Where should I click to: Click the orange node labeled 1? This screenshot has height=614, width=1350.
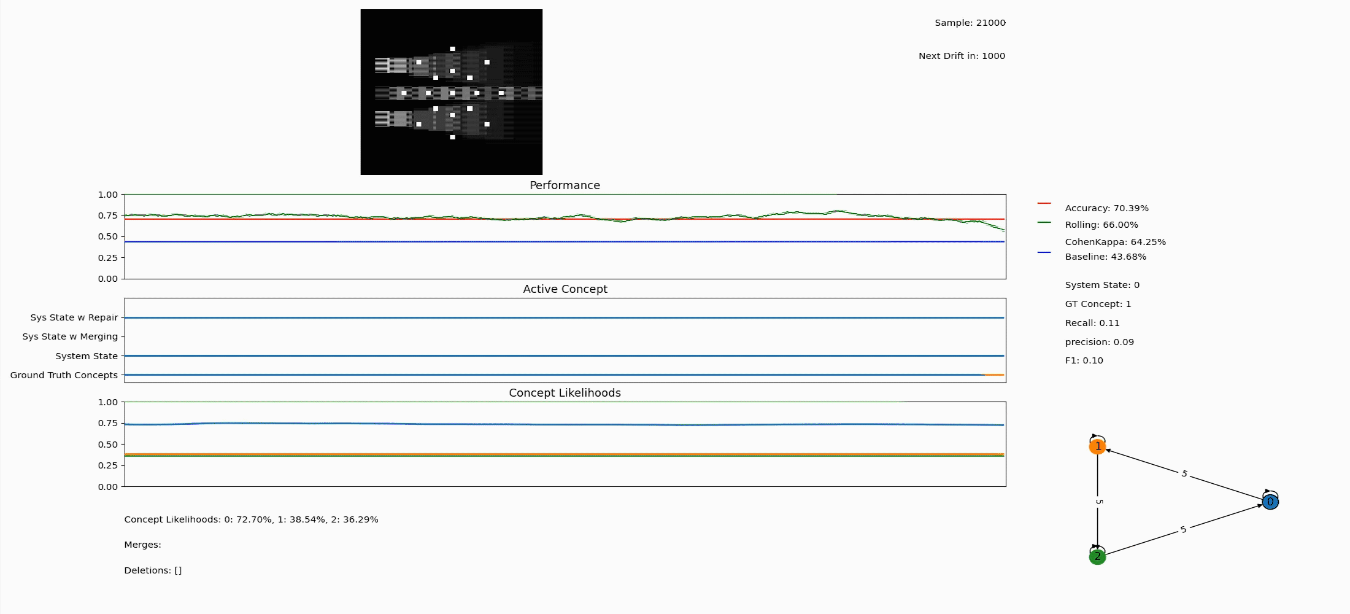[1097, 446]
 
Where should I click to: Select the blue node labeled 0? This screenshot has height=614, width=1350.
[1270, 502]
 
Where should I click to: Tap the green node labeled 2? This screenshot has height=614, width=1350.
[1097, 557]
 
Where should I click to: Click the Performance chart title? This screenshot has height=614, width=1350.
[565, 185]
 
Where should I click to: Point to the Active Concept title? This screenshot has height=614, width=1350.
[565, 289]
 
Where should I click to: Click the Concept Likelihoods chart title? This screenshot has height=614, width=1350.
[565, 393]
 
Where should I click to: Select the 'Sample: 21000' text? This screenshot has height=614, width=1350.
[970, 23]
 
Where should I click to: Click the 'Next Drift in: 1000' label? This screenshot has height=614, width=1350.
[962, 56]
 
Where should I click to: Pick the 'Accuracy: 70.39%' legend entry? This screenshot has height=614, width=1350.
[1106, 208]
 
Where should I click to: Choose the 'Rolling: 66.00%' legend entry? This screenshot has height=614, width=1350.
[1101, 225]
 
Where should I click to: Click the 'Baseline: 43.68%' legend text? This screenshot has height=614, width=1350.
[1105, 257]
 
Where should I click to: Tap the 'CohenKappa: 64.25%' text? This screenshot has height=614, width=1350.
[1115, 242]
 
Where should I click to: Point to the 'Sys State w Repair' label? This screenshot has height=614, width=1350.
[74, 317]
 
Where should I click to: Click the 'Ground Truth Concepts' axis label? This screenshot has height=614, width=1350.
[64, 375]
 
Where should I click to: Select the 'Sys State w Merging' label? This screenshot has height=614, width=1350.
[70, 336]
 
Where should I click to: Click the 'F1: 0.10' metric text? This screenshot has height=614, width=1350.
[1084, 360]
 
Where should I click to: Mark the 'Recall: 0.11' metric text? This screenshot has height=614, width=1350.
[1092, 323]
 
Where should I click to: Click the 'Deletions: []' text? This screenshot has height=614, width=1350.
[153, 570]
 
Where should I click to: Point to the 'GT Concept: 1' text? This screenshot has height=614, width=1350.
[1098, 304]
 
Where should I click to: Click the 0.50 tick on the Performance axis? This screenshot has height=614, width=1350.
[107, 236]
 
